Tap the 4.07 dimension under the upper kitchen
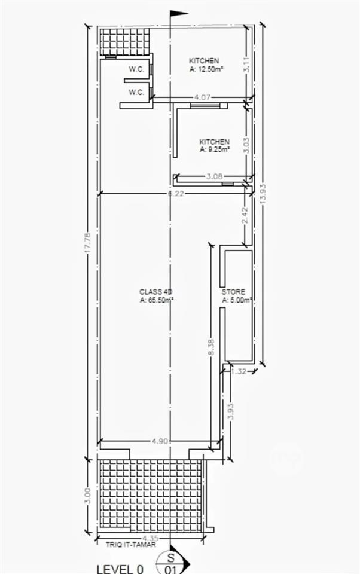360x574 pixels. click(x=202, y=97)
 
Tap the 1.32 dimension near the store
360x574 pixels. click(x=239, y=371)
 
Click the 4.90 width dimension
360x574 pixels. click(x=159, y=441)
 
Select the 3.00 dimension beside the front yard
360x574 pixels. click(x=87, y=496)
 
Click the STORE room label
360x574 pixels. click(x=233, y=292)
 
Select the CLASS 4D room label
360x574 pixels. click(x=155, y=292)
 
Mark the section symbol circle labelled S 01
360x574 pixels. click(x=172, y=562)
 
